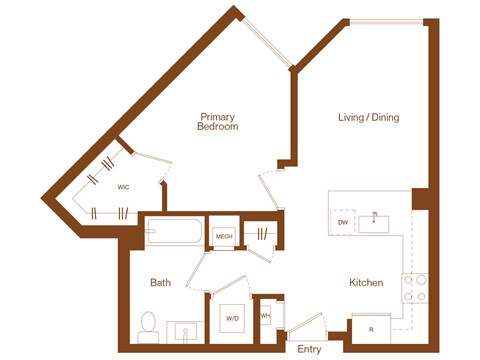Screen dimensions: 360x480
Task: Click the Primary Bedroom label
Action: pyautogui.click(x=217, y=121)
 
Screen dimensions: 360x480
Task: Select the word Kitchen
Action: pyautogui.click(x=366, y=283)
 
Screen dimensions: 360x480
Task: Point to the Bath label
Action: pyautogui.click(x=160, y=283)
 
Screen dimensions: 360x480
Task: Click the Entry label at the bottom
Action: pyautogui.click(x=310, y=348)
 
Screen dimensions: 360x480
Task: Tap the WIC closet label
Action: pyautogui.click(x=123, y=187)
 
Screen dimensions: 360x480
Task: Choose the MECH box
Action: pyautogui.click(x=224, y=236)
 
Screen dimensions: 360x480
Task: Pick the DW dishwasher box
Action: pyautogui.click(x=343, y=222)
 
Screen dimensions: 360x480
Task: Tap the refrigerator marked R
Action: pyautogui.click(x=370, y=328)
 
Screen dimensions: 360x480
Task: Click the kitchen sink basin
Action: pyautogui.click(x=379, y=220)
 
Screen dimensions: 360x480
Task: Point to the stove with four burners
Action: pyautogui.click(x=414, y=288)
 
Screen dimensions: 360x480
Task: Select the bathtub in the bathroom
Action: pyautogui.click(x=172, y=234)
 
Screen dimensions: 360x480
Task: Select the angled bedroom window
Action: pyautogui.click(x=268, y=42)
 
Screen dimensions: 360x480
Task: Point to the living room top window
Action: pyautogui.click(x=383, y=21)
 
